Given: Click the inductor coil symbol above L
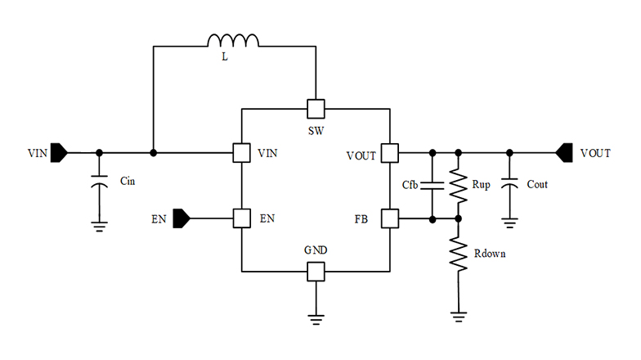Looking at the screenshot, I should (x=234, y=41).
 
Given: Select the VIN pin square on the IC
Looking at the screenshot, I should (x=241, y=153).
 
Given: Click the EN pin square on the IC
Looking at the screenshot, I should (x=241, y=218).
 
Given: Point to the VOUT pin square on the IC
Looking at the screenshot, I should (x=390, y=153).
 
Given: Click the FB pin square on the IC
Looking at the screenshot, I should (x=390, y=218).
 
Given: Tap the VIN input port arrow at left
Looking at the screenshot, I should (x=60, y=153).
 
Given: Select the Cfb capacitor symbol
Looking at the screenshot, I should (x=432, y=185).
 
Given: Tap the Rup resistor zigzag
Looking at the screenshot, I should (x=459, y=185).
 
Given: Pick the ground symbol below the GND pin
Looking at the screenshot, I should (x=316, y=317).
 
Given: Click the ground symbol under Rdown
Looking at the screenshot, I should (x=459, y=314).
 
